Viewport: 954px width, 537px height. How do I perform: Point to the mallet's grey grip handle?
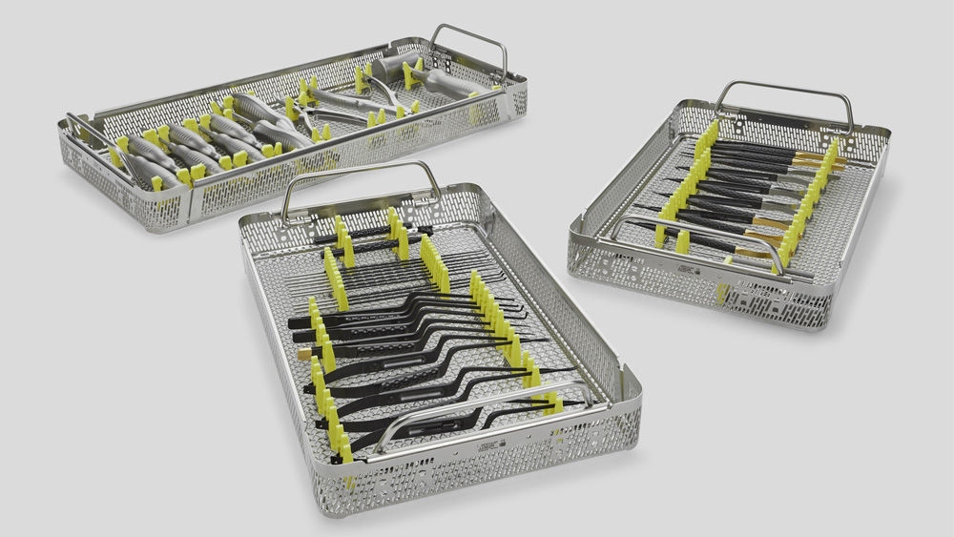click(x=448, y=83)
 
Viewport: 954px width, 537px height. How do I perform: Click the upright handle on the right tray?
click(x=782, y=90)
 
